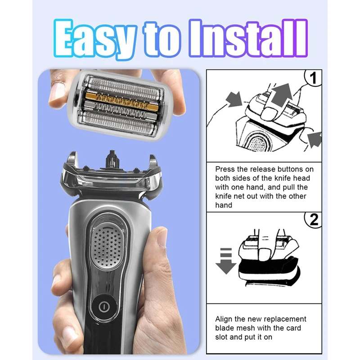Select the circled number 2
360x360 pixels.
(x=314, y=220)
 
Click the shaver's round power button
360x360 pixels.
(x=104, y=306)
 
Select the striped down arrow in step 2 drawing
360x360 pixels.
(x=225, y=261)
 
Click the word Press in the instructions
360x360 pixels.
(x=225, y=169)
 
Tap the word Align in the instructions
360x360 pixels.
(x=225, y=319)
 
